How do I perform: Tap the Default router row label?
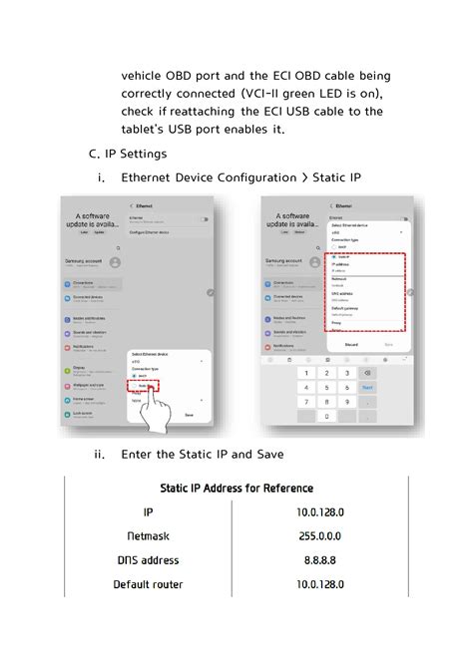[x=148, y=584]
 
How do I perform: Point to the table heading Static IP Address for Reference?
[x=236, y=489]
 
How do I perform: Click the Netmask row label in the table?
[x=148, y=535]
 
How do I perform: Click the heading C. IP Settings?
[x=128, y=154]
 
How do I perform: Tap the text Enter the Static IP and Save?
[x=203, y=455]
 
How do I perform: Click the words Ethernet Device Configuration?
[x=207, y=177]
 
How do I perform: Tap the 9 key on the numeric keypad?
[x=346, y=402]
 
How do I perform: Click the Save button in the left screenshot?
[x=189, y=414]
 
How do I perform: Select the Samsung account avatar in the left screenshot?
[x=116, y=262]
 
